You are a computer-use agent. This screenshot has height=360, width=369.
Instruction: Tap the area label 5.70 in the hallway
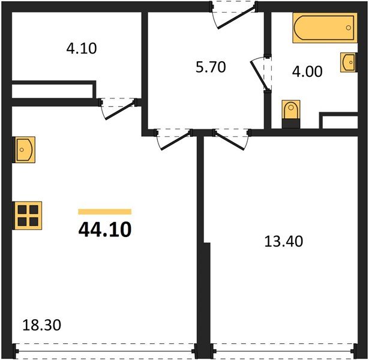[210, 67]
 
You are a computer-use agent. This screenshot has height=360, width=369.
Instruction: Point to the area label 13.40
[283, 242]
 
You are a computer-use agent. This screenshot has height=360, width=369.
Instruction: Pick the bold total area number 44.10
[104, 229]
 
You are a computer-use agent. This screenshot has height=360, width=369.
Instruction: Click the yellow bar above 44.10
[104, 211]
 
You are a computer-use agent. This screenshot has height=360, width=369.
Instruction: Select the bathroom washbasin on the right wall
[347, 62]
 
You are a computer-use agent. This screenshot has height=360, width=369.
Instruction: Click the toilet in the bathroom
[290, 113]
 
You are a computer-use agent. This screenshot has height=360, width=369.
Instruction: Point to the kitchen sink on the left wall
[23, 149]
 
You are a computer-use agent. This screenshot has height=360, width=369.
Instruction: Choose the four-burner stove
[28, 215]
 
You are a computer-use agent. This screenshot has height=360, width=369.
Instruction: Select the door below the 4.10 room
[118, 107]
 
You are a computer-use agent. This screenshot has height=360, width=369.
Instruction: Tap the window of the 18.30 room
[104, 348]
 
